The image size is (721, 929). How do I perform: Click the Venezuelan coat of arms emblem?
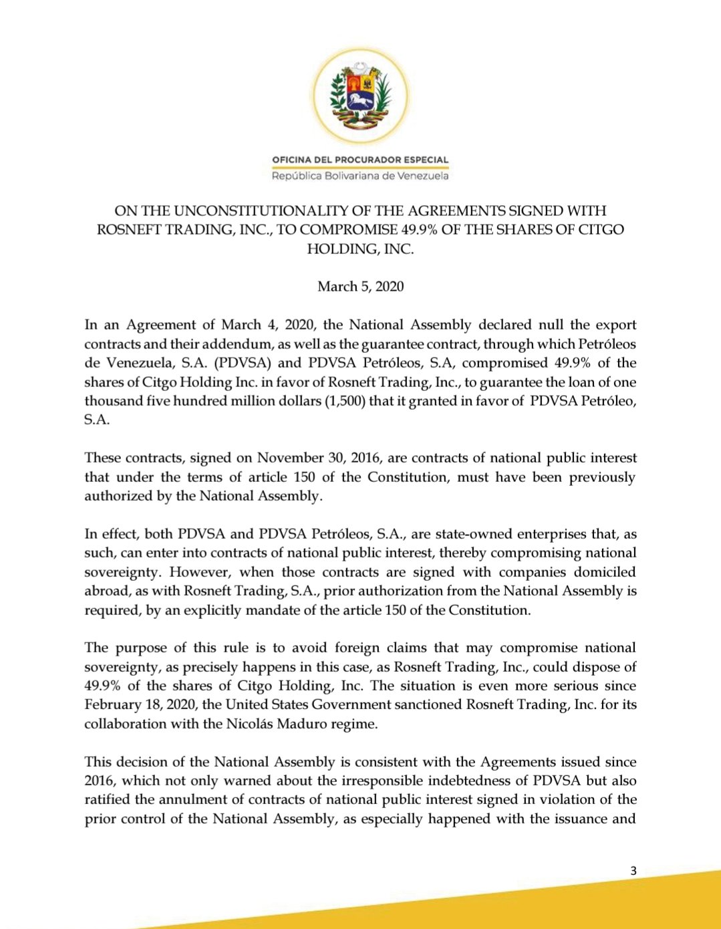point(361,96)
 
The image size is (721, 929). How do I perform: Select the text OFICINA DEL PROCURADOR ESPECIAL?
point(360,160)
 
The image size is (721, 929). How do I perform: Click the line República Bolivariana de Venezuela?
point(360,176)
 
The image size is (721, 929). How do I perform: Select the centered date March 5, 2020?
point(361,287)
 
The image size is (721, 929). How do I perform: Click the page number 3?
point(633,871)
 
